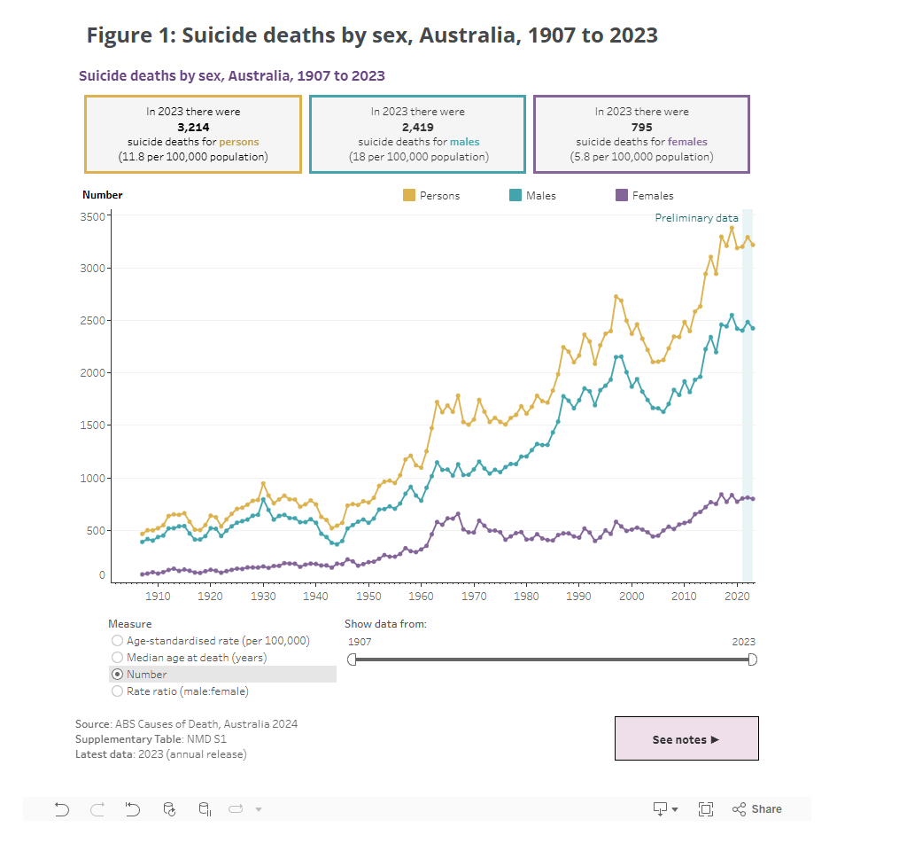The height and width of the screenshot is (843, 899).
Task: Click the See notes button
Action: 686,739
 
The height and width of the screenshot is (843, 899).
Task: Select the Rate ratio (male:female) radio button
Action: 117,691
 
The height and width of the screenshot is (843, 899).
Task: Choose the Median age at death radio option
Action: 117,657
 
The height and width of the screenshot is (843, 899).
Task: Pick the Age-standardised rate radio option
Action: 117,640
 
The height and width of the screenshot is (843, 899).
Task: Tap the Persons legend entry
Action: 431,195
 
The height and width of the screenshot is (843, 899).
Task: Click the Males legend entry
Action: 532,195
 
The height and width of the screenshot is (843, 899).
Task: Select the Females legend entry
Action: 644,195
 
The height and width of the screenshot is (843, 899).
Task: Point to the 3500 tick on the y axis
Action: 93,216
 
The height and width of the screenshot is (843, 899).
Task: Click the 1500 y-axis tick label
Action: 93,425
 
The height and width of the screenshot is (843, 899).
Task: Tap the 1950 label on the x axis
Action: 368,597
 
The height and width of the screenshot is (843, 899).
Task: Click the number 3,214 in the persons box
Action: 193,127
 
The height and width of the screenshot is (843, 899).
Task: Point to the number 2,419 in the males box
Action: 417,127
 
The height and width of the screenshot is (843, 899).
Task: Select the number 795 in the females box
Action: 641,127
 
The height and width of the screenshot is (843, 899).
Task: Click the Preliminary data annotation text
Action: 696,218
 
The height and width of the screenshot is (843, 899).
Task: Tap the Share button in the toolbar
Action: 757,808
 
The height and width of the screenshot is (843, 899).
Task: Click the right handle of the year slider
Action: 753,659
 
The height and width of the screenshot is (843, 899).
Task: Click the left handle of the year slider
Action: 352,659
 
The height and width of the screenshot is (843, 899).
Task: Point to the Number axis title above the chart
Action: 103,195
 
